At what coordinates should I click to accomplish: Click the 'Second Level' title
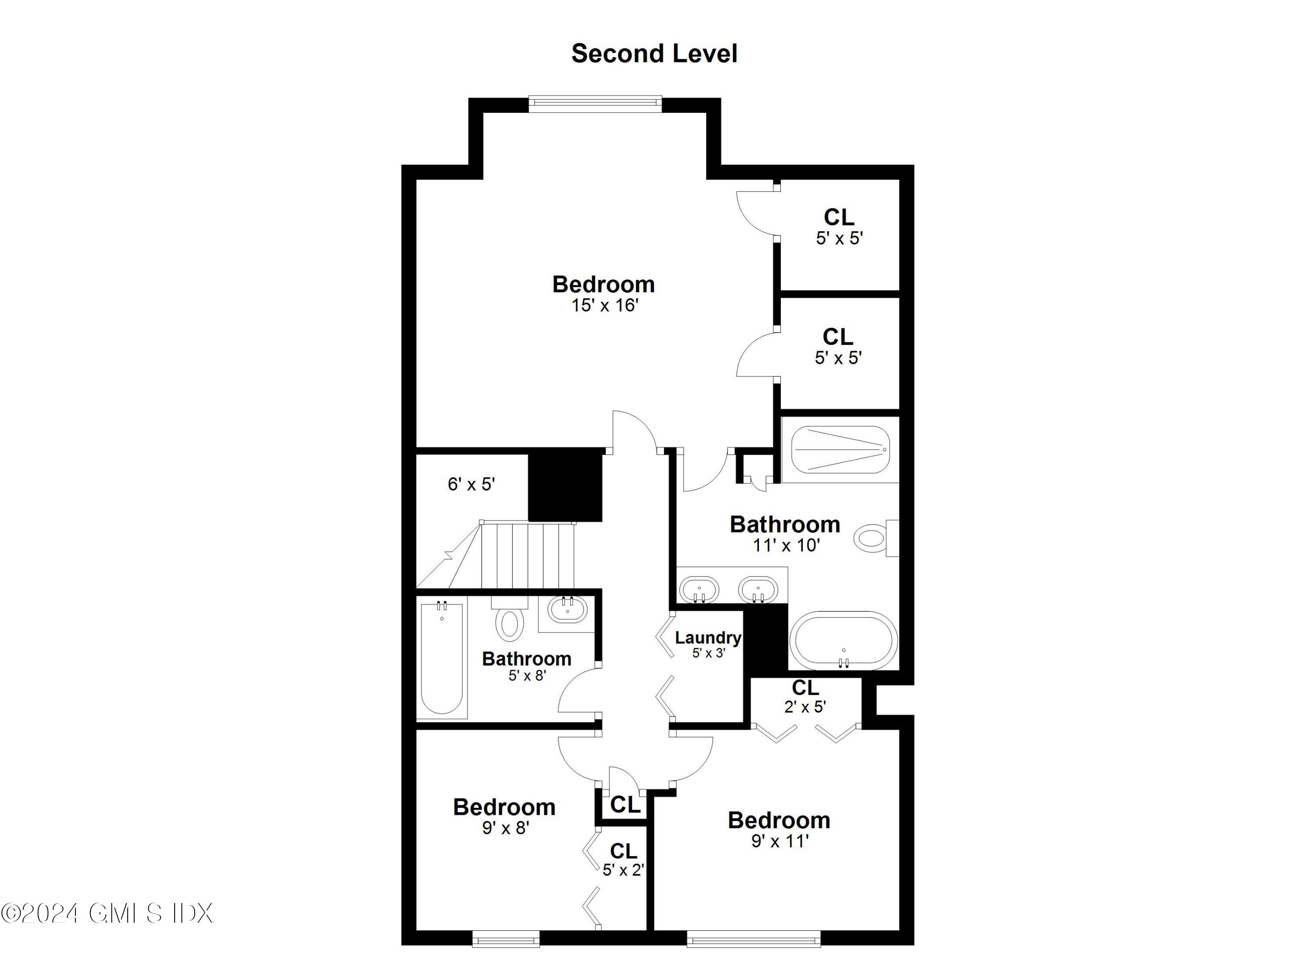click(x=654, y=54)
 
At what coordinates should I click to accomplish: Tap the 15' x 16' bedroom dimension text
click(x=604, y=305)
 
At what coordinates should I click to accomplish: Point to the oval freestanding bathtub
click(x=843, y=641)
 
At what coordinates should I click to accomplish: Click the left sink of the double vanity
click(x=699, y=590)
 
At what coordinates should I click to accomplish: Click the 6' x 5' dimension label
click(x=471, y=484)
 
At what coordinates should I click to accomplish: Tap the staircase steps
click(x=527, y=554)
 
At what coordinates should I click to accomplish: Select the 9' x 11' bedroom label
click(x=779, y=820)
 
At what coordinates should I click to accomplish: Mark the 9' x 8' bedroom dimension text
click(x=505, y=828)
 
